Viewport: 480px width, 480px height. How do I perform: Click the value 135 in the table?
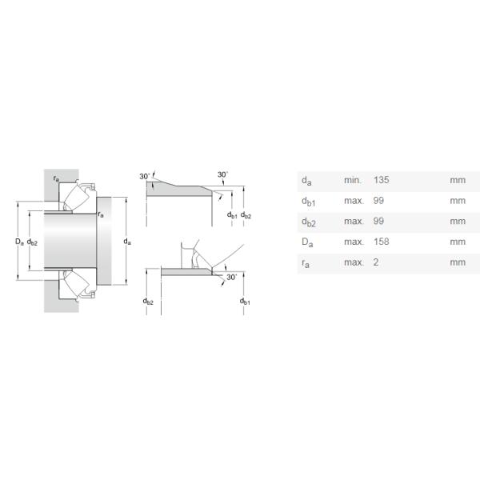381,180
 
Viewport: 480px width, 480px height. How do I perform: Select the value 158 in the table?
381,242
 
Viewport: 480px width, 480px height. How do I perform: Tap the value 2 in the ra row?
376,262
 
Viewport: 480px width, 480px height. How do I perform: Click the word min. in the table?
353,180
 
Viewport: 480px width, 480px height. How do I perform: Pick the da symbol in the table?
306,181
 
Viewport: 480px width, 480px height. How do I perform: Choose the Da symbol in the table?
307,242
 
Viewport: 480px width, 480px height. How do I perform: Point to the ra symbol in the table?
306,263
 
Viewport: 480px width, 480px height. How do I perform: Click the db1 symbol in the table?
308,202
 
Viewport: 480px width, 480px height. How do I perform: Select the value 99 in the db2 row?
378,221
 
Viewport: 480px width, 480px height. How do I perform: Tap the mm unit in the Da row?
458,242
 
